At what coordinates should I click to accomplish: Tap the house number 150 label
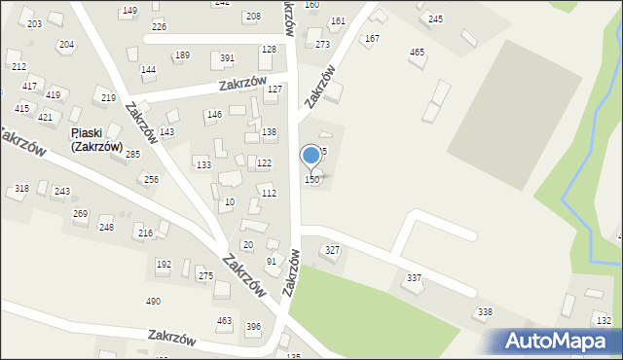point(312,180)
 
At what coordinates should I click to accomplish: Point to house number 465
point(418,53)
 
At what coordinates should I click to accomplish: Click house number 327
point(332,251)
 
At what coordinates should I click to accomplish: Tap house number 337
point(415,279)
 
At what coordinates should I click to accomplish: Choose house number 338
point(484,312)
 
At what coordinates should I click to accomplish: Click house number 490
point(153,302)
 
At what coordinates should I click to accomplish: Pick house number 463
point(224,321)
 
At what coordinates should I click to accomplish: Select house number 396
point(253,327)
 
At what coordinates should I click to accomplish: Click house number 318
point(21,189)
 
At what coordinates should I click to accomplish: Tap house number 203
point(34,23)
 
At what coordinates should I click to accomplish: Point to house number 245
point(435,19)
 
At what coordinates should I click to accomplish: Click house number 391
point(227,58)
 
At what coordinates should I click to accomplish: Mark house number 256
point(151,180)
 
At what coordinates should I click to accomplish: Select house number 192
point(164,265)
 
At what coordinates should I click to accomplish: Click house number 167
point(371,39)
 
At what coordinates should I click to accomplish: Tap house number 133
point(203,165)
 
